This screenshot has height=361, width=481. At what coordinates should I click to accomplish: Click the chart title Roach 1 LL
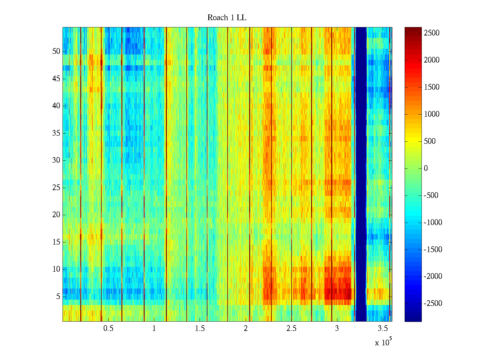pos(227,18)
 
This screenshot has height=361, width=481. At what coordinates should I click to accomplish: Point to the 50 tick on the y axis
pos(56,51)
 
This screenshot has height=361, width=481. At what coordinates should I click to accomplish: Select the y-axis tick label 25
pos(56,188)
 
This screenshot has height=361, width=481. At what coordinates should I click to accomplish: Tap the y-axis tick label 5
pos(58,297)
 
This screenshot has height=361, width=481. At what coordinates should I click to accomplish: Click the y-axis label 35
pos(56,133)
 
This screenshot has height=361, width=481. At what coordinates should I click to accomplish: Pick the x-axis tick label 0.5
pos(108,329)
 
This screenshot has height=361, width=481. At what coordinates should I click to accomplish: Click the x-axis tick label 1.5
pos(200,329)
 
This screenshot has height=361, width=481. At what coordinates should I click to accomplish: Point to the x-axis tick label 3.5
pos(383,329)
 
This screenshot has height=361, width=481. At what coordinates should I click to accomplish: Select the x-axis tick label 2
pos(246,329)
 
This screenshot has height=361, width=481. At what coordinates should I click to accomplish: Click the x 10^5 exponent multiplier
pos(383,342)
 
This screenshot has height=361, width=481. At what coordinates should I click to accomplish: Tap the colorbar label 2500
pos(431,33)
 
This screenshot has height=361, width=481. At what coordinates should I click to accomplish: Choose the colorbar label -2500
pos(433,303)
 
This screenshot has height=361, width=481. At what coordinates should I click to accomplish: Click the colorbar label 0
pos(426,168)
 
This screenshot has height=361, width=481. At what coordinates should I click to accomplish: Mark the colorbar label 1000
pos(431,114)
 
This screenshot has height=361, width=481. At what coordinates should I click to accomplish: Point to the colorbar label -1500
pos(433,249)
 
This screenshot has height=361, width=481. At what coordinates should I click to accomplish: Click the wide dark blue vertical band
pos(361,174)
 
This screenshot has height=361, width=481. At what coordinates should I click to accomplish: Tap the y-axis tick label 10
pos(56,269)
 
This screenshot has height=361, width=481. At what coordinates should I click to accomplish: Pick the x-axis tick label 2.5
pos(291,329)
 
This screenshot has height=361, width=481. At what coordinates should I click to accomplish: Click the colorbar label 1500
pos(431,87)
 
